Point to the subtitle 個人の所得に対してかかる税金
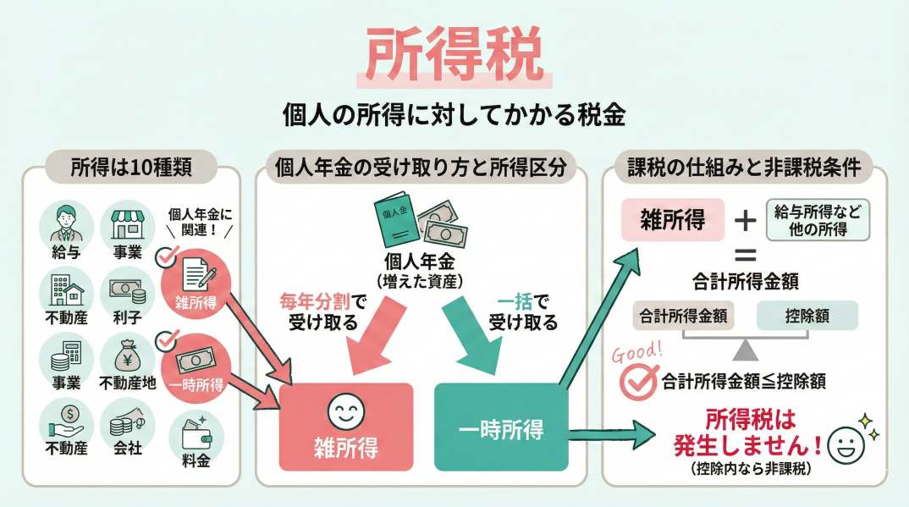pyautogui.click(x=454, y=115)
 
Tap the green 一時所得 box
pyautogui.click(x=501, y=427)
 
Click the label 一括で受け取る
pyautogui.click(x=522, y=311)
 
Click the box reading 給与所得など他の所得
pyautogui.click(x=817, y=219)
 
